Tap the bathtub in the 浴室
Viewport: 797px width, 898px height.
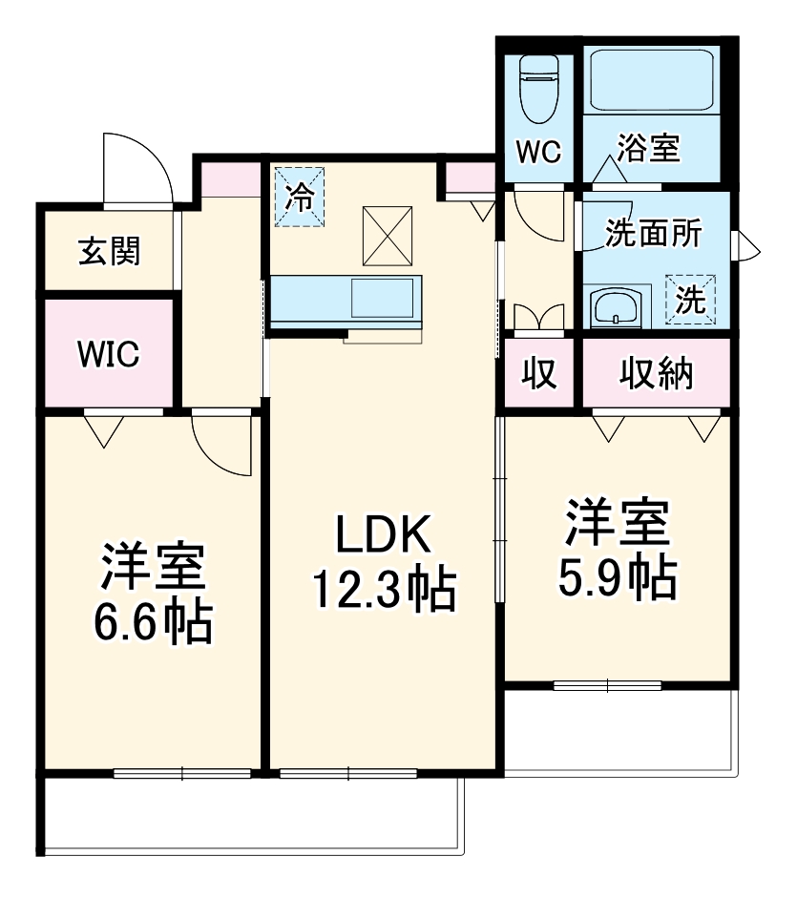click(653, 82)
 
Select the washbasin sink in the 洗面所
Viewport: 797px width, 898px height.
click(616, 308)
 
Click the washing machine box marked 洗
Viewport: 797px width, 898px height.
click(691, 301)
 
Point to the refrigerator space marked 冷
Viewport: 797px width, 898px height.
click(300, 198)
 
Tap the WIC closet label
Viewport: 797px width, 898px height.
click(108, 354)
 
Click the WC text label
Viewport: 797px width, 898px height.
click(538, 153)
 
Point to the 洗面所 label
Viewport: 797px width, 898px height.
click(655, 234)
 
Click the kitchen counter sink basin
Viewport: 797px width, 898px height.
click(381, 298)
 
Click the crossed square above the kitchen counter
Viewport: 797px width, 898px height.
click(387, 235)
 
